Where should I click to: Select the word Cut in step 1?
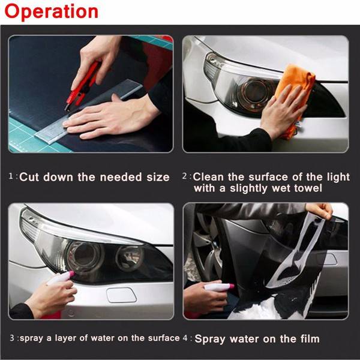click(29, 177)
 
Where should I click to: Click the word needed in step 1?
click(121, 177)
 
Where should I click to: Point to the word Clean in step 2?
click(208, 177)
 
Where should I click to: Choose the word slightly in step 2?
click(248, 188)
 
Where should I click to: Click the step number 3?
click(12, 338)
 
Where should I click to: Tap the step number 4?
click(185, 338)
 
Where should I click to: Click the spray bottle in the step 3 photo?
click(61, 277)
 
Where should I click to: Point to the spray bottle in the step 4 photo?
click(219, 287)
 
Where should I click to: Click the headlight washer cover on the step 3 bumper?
click(122, 295)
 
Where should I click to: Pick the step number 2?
click(185, 176)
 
